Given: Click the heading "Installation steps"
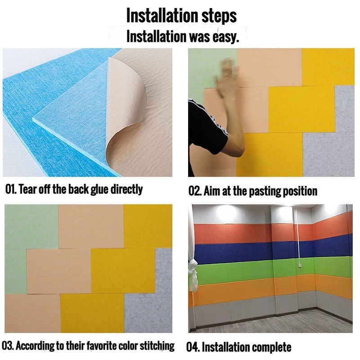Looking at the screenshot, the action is [181, 16].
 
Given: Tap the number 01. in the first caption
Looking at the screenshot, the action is [11, 189].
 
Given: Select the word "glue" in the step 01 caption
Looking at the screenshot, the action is [100, 190].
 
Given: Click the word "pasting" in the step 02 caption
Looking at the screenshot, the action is [265, 192].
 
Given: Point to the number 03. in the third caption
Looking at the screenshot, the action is [8, 346].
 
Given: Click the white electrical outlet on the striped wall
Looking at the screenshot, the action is [300, 265].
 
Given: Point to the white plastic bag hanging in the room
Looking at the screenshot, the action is [193, 275].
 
